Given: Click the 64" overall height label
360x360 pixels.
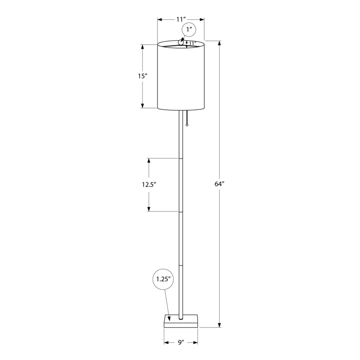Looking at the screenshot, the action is click(219, 184).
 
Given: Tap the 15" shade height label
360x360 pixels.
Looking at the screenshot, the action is click(142, 76).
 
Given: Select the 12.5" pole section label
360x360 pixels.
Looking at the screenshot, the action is click(149, 184).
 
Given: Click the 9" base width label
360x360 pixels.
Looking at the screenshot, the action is click(181, 342).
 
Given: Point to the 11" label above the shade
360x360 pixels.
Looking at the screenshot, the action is click(181, 19).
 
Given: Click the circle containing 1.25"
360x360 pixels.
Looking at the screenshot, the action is click(163, 279).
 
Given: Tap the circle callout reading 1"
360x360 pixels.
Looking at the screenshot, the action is click(189, 30).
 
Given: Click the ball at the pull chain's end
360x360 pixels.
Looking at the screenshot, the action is click(187, 125).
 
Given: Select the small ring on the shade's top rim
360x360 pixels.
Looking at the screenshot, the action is click(181, 42).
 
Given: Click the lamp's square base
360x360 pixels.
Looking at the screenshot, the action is click(181, 321).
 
